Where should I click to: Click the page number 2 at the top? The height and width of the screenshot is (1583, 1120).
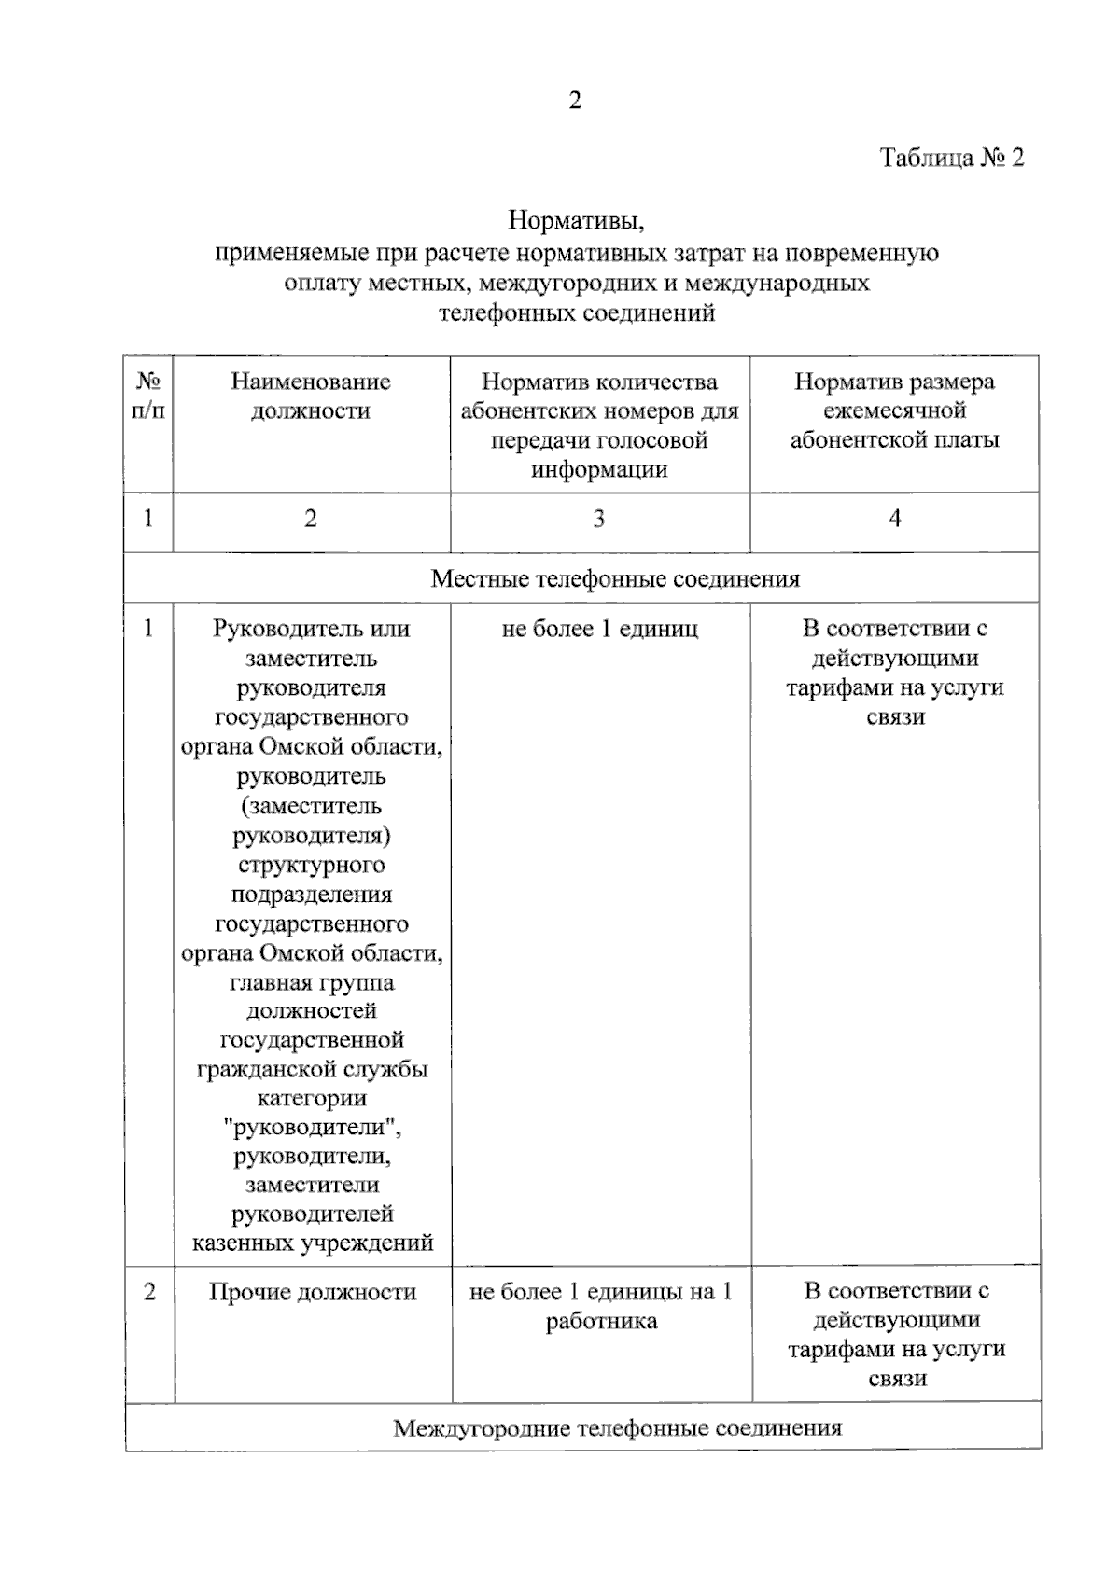point(575,101)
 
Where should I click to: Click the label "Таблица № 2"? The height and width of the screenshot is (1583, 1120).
point(951,158)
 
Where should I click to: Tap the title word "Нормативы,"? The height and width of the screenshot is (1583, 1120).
point(577,221)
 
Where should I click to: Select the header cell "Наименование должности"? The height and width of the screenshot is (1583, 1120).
point(311,396)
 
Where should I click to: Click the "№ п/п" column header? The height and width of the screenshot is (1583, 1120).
point(148,396)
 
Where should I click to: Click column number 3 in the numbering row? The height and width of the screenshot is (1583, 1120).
point(599,519)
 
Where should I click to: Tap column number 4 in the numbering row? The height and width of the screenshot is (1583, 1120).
point(894,519)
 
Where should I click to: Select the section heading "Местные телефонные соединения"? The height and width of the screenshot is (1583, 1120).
point(615,579)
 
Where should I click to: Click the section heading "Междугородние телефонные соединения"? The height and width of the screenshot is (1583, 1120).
point(617,1428)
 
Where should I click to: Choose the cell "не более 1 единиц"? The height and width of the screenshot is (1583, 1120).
point(599,630)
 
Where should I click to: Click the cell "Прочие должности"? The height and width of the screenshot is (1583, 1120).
point(312,1292)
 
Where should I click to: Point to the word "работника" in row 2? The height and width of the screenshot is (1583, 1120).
point(601,1322)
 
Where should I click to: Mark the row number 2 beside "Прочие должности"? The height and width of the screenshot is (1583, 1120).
point(149,1292)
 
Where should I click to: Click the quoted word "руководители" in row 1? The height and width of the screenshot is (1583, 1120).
point(312,1127)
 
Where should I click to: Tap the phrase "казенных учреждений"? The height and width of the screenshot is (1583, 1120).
point(313,1243)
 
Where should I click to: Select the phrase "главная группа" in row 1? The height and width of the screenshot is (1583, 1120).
point(312,982)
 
